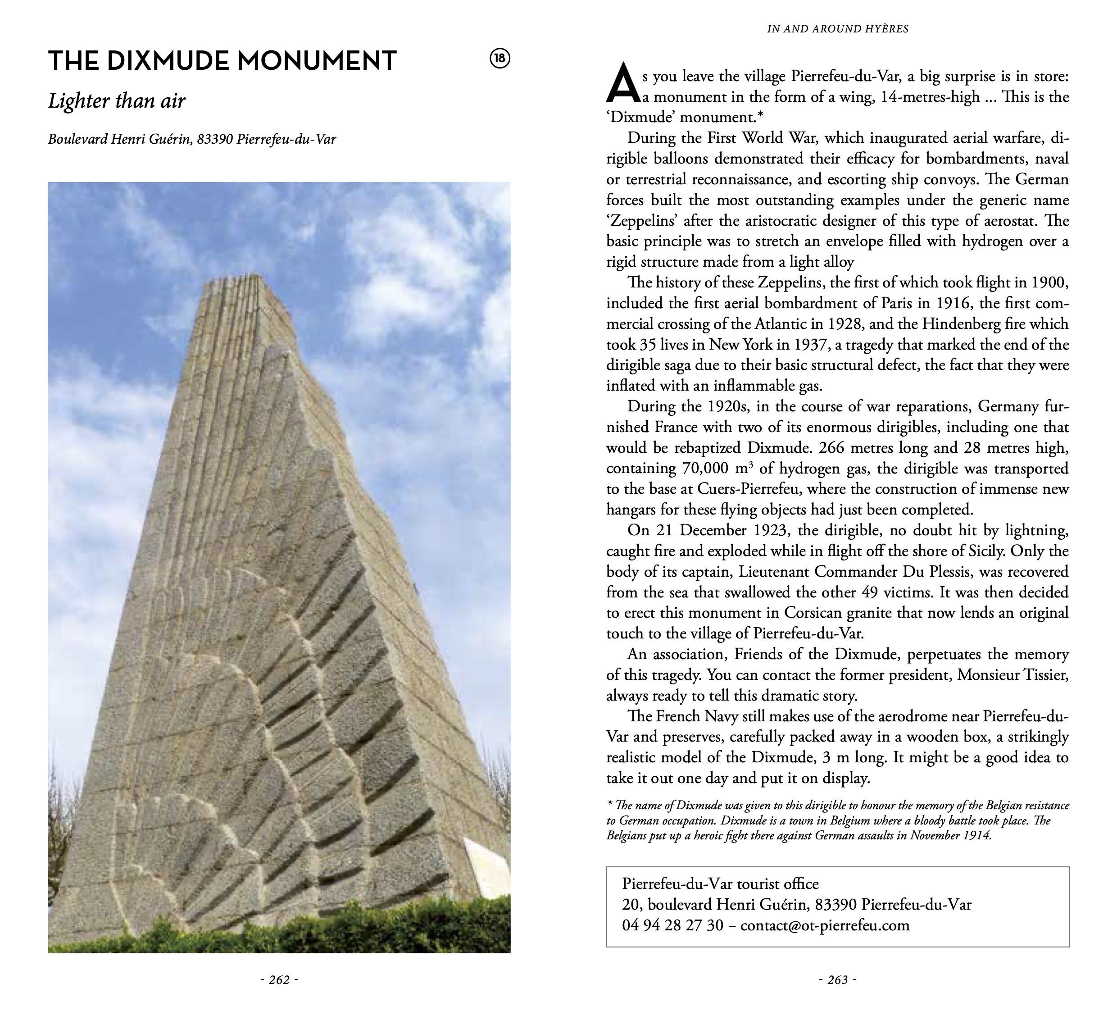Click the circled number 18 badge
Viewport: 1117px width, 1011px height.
500,59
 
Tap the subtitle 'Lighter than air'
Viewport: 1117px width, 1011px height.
116,101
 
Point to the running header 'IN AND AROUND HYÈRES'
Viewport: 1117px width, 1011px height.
837,29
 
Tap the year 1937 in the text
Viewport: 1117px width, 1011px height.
811,345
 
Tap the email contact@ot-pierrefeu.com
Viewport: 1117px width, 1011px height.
824,925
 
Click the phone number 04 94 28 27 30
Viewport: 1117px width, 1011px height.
672,925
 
